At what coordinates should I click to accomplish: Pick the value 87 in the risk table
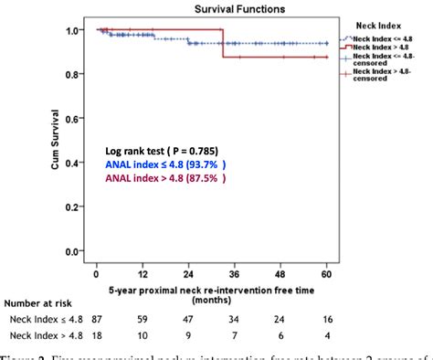tap(97, 320)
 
